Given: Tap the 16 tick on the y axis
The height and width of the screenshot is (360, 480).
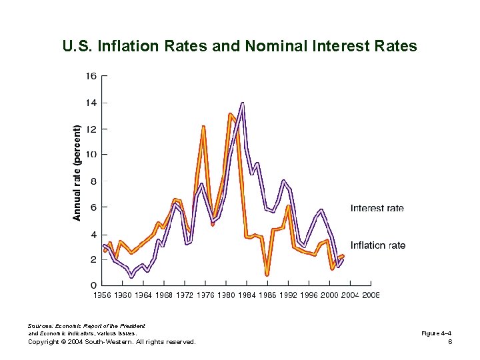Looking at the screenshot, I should [91, 76].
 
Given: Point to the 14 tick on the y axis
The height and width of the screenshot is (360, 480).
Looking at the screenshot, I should [91, 103].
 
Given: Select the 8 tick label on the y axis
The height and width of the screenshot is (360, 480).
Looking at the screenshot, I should [93, 181].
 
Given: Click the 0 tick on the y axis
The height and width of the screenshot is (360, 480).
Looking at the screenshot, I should [93, 285].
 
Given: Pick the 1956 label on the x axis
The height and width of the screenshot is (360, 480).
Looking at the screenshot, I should [102, 295].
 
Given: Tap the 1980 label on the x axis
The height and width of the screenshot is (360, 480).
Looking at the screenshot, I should [226, 295].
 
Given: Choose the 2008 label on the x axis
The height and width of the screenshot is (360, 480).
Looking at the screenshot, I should [371, 295].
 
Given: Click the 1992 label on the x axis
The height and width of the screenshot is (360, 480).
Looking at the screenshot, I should [288, 295].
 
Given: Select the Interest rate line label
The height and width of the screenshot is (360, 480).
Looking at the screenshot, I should [377, 208].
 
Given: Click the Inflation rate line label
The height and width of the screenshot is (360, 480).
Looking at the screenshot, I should [377, 245].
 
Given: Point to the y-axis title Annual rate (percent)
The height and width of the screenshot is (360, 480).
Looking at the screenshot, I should [77, 173].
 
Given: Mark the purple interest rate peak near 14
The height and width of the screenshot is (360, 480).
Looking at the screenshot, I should [243, 103].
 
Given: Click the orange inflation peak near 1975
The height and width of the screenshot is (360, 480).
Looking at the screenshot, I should [203, 126].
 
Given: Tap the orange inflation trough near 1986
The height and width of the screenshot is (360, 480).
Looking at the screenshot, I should [267, 273].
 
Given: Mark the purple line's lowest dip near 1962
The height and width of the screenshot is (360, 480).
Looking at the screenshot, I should [131, 275].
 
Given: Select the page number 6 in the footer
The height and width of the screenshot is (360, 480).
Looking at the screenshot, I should [451, 341].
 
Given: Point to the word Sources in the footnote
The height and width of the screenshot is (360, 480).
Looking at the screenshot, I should [39, 325].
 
